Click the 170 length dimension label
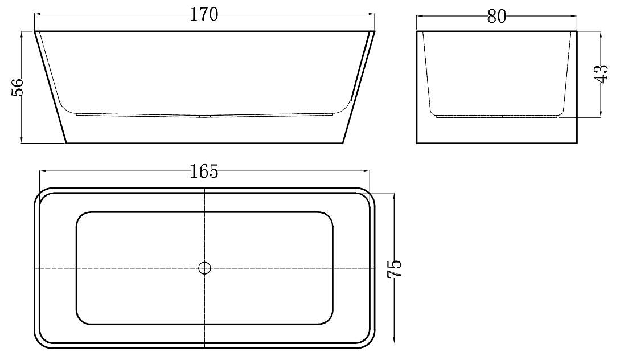[204, 15]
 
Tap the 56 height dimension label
[18, 87]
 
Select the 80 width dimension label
[496, 17]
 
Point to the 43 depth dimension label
[601, 73]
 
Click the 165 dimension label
[204, 171]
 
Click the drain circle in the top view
[204, 268]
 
